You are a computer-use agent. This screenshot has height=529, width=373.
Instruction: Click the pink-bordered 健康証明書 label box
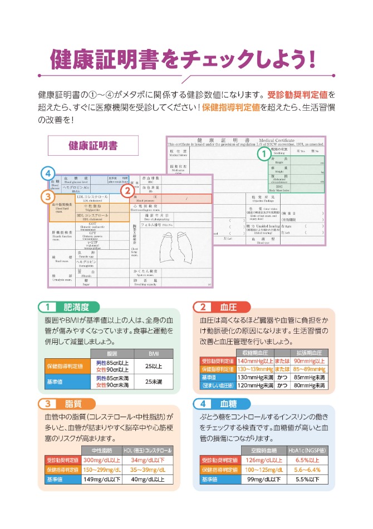click(x=93, y=146)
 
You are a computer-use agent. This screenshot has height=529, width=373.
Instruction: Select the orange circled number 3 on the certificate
click(x=48, y=196)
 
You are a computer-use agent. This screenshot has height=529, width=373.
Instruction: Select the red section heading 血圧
click(x=228, y=306)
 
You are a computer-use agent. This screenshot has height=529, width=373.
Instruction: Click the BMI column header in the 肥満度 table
click(x=153, y=354)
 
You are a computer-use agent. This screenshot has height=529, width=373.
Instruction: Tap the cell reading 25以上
click(x=153, y=366)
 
